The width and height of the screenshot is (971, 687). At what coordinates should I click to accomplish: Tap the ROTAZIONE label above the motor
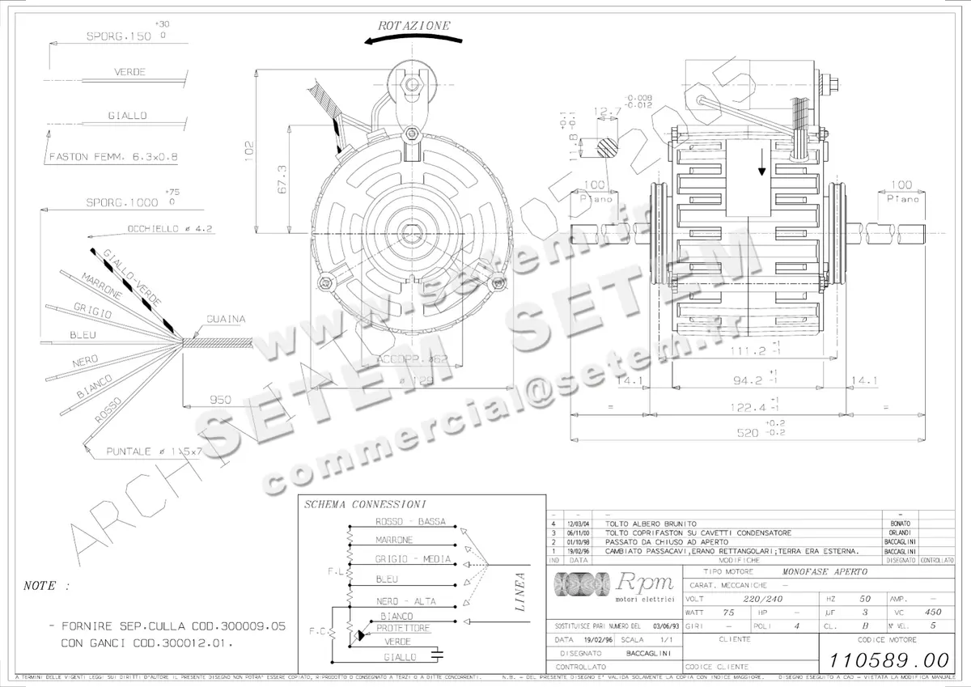[414, 26]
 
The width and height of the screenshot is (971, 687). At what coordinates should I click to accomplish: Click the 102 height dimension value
[249, 149]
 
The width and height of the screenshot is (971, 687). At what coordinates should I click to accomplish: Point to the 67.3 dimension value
[282, 177]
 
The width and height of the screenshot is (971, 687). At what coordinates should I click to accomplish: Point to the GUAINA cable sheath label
[226, 320]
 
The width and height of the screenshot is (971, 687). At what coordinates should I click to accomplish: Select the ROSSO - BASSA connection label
[410, 522]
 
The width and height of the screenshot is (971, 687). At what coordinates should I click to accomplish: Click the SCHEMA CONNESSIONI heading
[365, 504]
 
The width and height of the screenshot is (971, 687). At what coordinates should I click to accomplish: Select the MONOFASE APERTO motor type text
[825, 571]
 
